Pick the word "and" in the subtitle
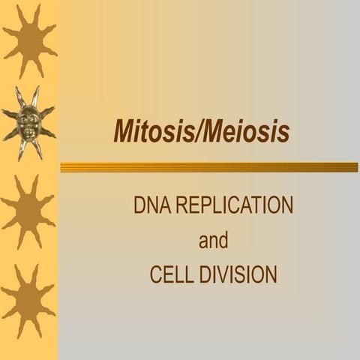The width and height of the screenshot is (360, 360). (213, 241)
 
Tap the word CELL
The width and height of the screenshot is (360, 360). (169, 275)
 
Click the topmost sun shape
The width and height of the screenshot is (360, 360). (28, 39)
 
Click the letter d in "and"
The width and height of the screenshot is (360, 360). (223, 241)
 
